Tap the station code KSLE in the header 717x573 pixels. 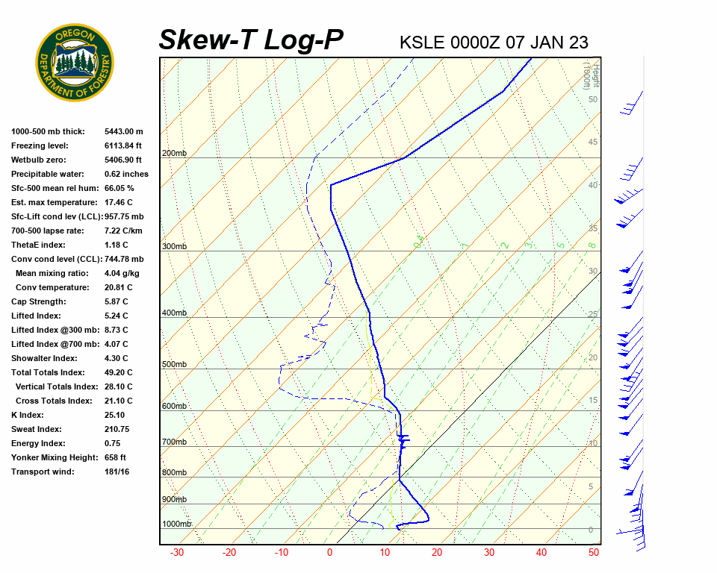pyautogui.click(x=423, y=43)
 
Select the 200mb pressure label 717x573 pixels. pyautogui.click(x=174, y=154)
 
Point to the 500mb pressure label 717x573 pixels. pyautogui.click(x=174, y=364)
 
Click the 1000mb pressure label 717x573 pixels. pyautogui.click(x=176, y=524)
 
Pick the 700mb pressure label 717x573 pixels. pyautogui.click(x=174, y=442)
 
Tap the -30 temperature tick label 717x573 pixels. pyautogui.click(x=177, y=553)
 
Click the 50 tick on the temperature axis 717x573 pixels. pyautogui.click(x=594, y=553)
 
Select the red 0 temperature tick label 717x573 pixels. pyautogui.click(x=329, y=553)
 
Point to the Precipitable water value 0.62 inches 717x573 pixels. pyautogui.click(x=126, y=174)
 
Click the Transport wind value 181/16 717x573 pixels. pyautogui.click(x=117, y=472)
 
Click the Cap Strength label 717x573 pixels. pyautogui.click(x=38, y=301)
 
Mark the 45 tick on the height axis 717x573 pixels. pyautogui.click(x=593, y=143)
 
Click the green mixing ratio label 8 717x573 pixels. pyautogui.click(x=591, y=245)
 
